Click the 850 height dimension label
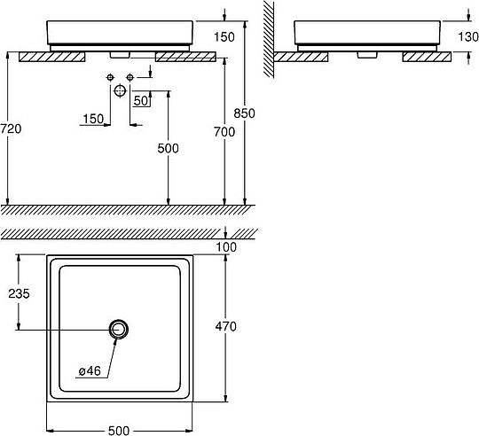[244, 113]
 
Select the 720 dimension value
[11, 128]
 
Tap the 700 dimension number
[224, 132]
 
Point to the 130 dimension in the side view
[468, 36]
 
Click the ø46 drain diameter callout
[90, 371]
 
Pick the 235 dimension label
[19, 293]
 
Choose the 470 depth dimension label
[226, 326]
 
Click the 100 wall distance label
[226, 247]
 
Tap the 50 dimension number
[141, 101]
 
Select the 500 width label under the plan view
[119, 431]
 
